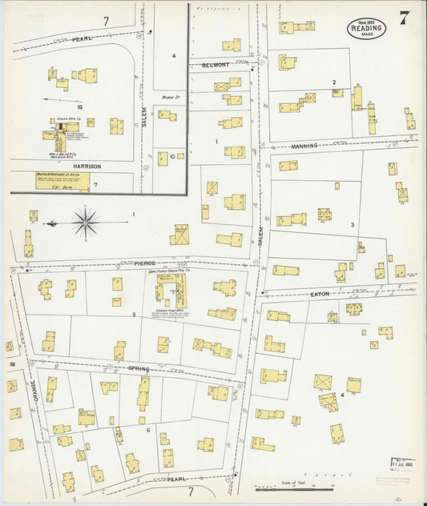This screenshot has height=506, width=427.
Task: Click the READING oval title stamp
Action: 367,30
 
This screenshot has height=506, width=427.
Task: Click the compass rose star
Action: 86,220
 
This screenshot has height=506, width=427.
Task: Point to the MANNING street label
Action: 304,146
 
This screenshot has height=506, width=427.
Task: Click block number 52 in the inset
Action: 81,105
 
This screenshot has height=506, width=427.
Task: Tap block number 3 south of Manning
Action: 352,225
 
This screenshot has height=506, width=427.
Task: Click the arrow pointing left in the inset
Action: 54,100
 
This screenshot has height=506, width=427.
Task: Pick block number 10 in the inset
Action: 172,157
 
